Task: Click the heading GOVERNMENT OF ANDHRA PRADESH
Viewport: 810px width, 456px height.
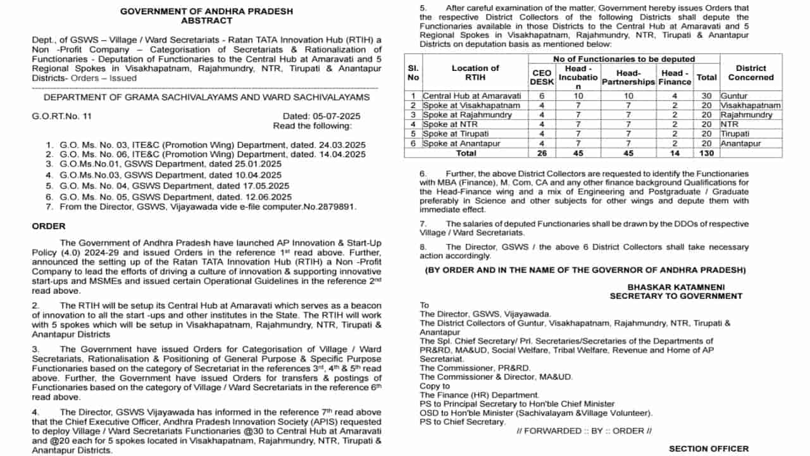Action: point(206,11)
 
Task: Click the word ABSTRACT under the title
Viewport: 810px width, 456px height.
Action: point(206,21)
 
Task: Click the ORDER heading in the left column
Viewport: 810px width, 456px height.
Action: point(48,226)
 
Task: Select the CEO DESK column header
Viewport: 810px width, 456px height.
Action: point(542,77)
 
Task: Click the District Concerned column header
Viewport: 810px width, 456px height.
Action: point(751,73)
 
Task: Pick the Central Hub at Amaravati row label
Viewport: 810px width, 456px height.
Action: point(471,96)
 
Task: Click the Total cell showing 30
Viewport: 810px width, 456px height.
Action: point(706,96)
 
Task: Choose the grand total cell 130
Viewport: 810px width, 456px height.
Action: point(706,153)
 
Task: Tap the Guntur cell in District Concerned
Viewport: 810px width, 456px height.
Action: point(734,96)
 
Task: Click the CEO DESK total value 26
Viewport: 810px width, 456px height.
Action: point(542,153)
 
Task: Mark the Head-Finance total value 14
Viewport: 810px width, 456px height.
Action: point(675,153)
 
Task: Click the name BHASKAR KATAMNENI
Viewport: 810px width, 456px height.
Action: point(676,287)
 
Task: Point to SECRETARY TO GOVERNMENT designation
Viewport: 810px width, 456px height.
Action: point(676,296)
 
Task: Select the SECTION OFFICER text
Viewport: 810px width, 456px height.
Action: point(708,448)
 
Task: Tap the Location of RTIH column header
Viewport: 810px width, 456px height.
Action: point(475,73)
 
